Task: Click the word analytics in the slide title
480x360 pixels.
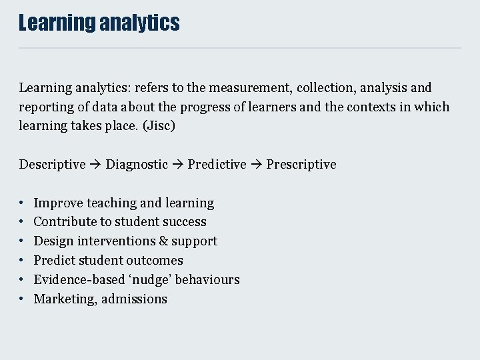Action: (139, 23)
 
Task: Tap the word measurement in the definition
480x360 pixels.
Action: (257, 88)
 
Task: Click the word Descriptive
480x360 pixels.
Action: (52, 165)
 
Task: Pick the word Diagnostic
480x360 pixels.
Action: (137, 165)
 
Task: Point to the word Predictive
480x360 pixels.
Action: (217, 165)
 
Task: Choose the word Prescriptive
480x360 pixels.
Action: (301, 165)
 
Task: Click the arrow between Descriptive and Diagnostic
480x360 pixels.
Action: (96, 165)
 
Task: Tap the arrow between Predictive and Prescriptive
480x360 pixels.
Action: (256, 165)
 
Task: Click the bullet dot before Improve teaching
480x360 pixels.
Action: (22, 203)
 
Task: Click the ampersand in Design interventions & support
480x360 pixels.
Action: (164, 241)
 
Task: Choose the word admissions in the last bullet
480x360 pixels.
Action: (134, 299)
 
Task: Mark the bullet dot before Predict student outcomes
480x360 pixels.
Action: (22, 261)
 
